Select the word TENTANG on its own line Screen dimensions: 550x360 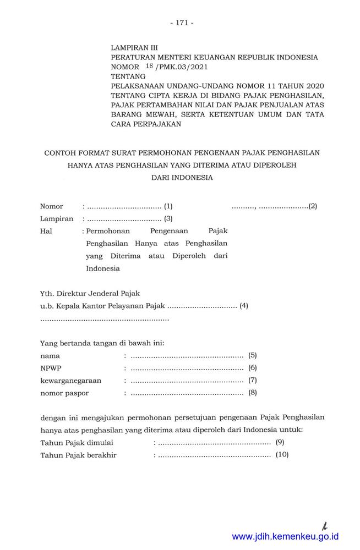[128, 76]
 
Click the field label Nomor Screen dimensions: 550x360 [52, 207]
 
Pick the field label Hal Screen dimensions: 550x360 [46, 232]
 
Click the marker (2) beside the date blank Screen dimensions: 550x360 [313, 206]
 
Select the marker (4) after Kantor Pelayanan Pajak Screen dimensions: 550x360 [244, 306]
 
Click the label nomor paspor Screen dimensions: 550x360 [64, 393]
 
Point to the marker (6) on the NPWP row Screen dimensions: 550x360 [253, 368]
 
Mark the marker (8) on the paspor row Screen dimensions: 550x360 [253, 393]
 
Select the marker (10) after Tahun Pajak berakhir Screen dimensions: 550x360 [282, 455]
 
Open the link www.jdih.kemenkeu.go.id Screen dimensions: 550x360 [285, 536]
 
